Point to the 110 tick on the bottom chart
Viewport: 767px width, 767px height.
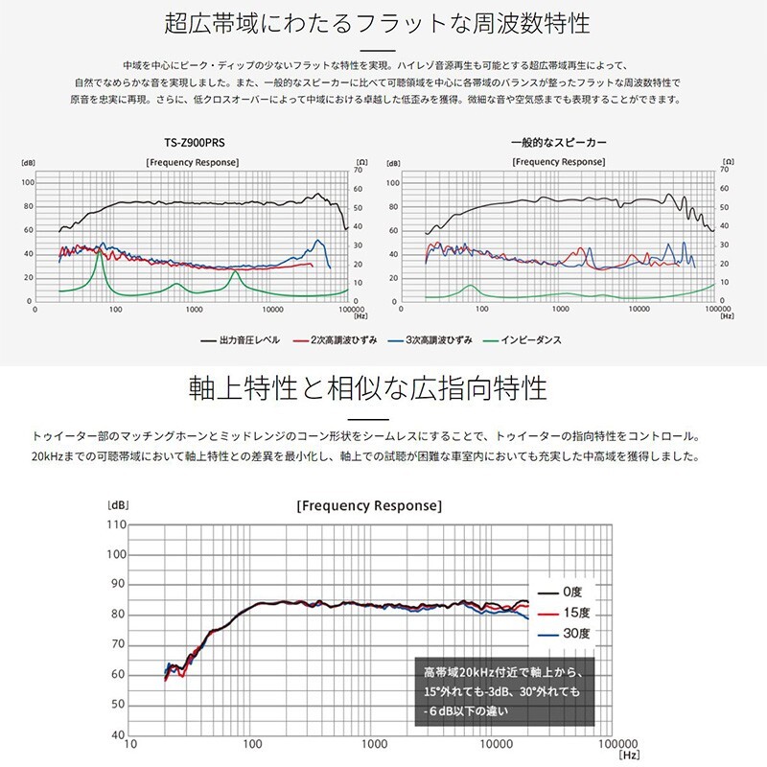(x=116, y=524)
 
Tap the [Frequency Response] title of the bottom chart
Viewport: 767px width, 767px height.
(x=369, y=505)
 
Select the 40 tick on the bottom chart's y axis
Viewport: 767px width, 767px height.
(x=118, y=735)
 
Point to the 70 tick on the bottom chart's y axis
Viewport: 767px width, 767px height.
(x=118, y=644)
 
